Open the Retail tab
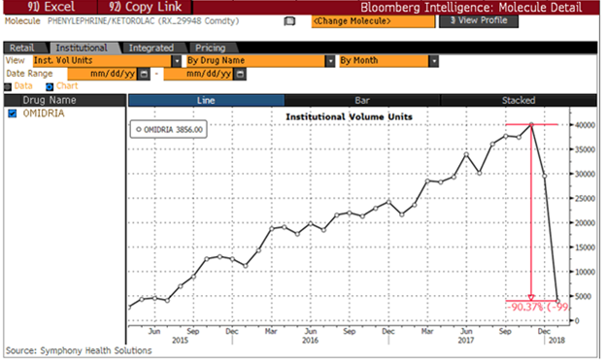click(x=22, y=47)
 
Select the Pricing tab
click(x=211, y=47)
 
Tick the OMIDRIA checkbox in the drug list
click(x=12, y=114)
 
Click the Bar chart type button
click(x=361, y=100)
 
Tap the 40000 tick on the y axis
click(x=582, y=124)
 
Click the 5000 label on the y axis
click(x=584, y=297)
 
